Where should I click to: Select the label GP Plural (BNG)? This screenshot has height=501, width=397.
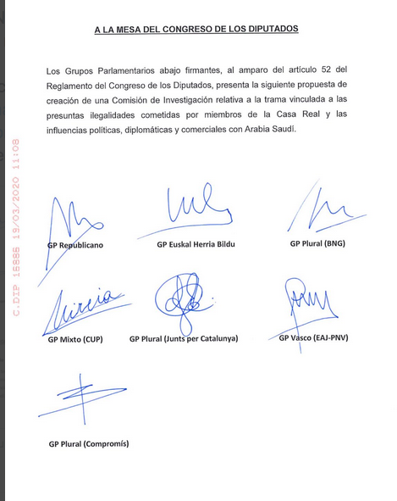317,243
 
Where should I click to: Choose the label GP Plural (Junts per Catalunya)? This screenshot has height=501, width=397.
184,338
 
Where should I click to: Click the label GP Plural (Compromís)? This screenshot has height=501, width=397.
89,443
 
